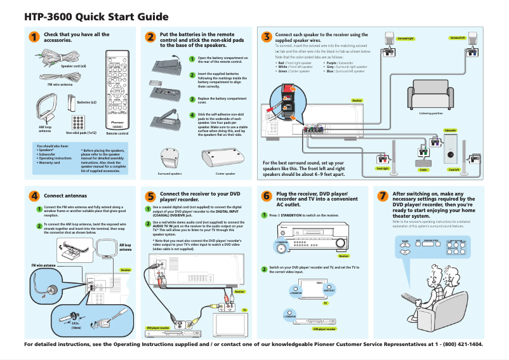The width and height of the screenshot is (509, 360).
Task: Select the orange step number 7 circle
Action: coord(382,196)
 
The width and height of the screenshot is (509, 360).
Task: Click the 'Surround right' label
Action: coord(406,39)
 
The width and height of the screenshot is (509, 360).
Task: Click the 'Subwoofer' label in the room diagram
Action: coord(451,130)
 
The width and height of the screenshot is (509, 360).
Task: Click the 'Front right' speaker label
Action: coord(382,169)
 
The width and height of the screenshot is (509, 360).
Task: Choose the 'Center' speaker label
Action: coord(423,170)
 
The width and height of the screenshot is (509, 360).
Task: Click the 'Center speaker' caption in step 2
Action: coord(225,173)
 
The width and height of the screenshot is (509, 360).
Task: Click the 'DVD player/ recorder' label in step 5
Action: coord(158,328)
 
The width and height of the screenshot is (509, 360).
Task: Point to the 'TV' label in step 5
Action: coord(244,310)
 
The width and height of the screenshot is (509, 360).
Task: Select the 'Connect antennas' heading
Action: coord(65,196)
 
